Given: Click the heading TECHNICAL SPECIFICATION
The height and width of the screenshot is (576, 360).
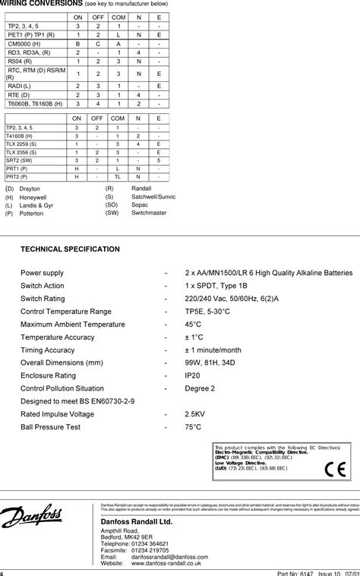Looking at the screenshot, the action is [70, 248].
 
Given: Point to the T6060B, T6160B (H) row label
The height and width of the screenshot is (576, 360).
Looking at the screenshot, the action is [40, 103].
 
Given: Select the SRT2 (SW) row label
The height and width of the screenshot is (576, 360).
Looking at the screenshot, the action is [20, 160].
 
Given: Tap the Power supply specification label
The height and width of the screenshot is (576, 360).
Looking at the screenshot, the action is [42, 272].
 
